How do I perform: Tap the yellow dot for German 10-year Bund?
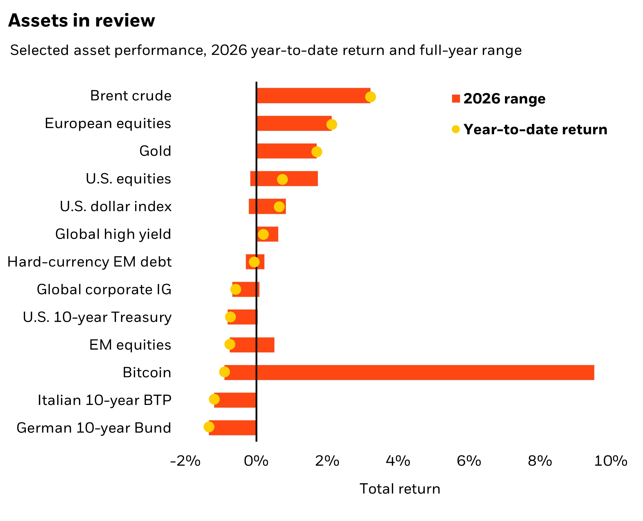coord(209,427)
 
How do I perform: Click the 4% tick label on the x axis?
coord(398,461)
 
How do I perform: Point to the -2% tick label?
coord(185,461)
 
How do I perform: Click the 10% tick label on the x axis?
coord(611,461)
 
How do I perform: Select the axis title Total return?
coord(400,489)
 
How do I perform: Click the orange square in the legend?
coord(456,98)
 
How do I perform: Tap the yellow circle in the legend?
coord(456,129)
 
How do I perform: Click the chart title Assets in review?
coord(82,20)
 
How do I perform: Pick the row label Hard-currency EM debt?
coord(89,262)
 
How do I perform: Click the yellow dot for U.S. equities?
coord(282,180)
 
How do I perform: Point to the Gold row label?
coord(155,151)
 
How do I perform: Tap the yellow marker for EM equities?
coord(230,344)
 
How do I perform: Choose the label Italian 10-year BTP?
coord(104,400)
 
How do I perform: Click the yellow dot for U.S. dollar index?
coord(279,207)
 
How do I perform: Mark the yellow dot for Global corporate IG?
coord(236,290)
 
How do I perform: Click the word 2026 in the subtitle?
coord(229,50)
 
